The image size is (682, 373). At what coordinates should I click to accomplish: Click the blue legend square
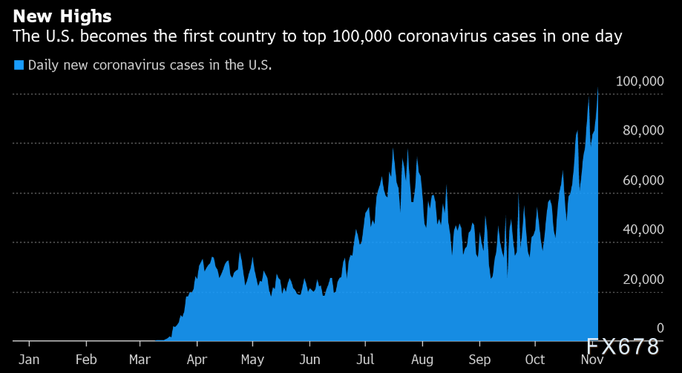pyautogui.click(x=19, y=65)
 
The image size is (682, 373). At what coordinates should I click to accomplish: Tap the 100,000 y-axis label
pyautogui.click(x=640, y=81)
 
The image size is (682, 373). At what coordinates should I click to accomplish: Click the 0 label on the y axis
pyautogui.click(x=660, y=328)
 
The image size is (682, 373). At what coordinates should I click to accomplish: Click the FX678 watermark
pyautogui.click(x=623, y=347)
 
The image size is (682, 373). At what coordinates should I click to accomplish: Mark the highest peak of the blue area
pyautogui.click(x=597, y=89)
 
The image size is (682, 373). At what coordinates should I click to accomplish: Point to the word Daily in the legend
pyautogui.click(x=43, y=65)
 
